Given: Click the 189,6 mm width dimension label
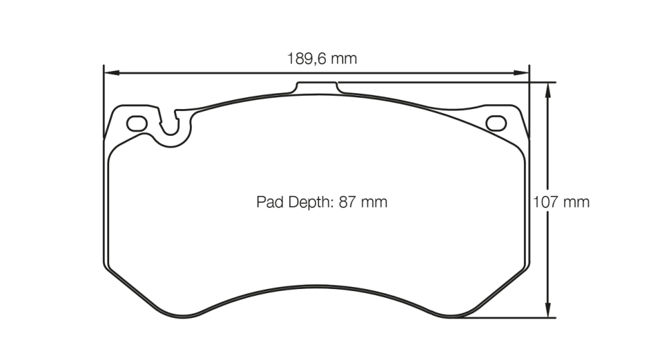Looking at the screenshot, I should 322,58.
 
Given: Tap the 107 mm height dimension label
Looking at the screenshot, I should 561,201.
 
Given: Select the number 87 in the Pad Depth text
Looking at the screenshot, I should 347,201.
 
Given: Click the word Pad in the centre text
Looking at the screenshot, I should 268,201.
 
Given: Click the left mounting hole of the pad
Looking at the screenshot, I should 136,123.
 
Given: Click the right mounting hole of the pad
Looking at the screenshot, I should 496,122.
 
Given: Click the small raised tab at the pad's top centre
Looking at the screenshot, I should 318,88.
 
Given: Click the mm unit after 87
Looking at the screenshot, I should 374,201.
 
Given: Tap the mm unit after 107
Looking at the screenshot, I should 577,201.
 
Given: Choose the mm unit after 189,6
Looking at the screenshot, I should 345,58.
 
